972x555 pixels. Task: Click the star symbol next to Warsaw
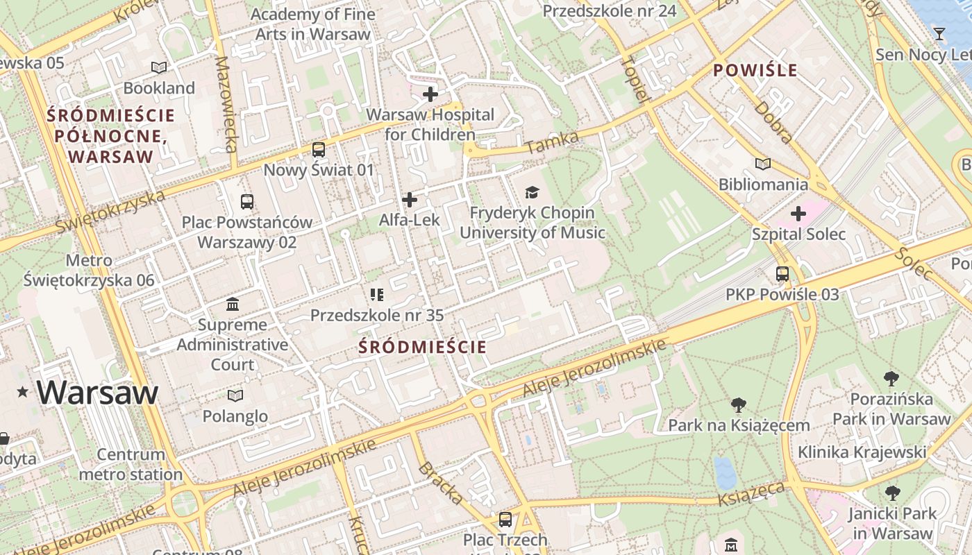[23, 393]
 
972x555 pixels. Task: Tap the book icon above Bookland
[159, 67]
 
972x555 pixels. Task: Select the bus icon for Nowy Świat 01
[319, 149]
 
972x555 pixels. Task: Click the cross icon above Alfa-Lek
[410, 200]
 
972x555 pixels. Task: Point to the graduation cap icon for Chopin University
[532, 192]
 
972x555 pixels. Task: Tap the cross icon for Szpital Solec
[798, 214]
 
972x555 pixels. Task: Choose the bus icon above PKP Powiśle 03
[782, 274]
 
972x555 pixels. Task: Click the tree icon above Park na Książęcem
[739, 405]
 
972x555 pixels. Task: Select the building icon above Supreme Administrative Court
[233, 304]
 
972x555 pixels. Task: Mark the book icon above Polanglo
[235, 395]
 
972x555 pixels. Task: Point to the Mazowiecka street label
[226, 104]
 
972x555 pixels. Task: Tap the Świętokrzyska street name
[111, 211]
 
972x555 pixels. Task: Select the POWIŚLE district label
[755, 70]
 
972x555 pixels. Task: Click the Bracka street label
[440, 483]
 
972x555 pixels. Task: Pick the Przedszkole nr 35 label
[376, 315]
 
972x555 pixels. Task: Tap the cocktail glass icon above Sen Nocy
[939, 33]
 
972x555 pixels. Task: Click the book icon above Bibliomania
[763, 164]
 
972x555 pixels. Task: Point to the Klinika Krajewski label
[862, 452]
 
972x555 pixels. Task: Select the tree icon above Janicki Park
[892, 493]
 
